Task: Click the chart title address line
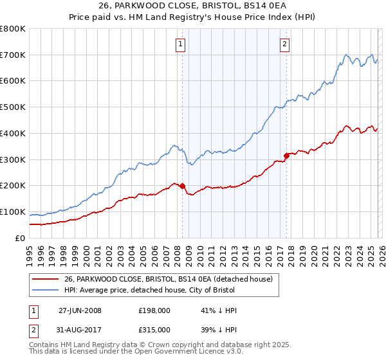click(193, 7)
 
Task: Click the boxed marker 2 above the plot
click(284, 44)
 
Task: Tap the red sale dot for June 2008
click(182, 186)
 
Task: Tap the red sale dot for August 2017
click(286, 155)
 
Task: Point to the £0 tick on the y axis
click(21, 238)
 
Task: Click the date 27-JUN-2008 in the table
click(80, 310)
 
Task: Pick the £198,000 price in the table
click(154, 310)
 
